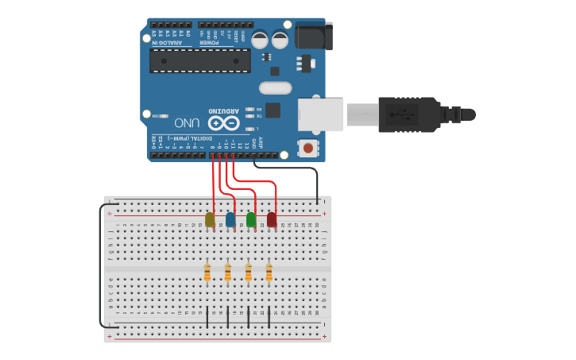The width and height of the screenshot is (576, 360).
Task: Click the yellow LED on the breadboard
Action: click(210, 219)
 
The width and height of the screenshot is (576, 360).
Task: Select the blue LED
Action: click(230, 219)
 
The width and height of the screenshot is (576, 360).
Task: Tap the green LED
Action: click(251, 219)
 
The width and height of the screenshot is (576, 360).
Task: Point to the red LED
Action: click(272, 219)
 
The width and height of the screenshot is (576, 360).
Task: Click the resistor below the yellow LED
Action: click(207, 273)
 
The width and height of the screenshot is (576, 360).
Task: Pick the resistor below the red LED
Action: click(269, 273)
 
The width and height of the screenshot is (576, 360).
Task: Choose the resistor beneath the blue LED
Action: click(228, 273)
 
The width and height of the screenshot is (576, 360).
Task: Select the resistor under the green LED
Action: click(249, 273)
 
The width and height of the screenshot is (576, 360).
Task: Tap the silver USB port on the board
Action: click(320, 114)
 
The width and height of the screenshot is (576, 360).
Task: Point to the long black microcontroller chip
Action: click(200, 60)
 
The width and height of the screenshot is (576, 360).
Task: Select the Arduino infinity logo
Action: click(223, 123)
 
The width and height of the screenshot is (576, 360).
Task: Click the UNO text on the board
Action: click(187, 123)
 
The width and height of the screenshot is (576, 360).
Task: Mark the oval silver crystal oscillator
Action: click(276, 88)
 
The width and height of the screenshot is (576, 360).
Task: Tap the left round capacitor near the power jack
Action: click(260, 39)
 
